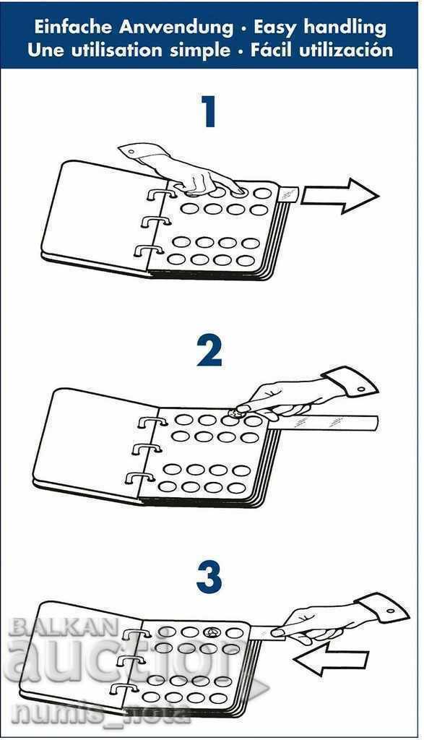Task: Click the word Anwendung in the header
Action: point(176,28)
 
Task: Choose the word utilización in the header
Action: point(346,49)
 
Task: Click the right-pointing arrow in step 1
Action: point(339,195)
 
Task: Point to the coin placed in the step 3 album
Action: point(210,632)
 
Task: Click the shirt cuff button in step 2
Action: point(361,390)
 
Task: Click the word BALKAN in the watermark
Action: point(64,627)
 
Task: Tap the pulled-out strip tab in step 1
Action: point(288,193)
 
